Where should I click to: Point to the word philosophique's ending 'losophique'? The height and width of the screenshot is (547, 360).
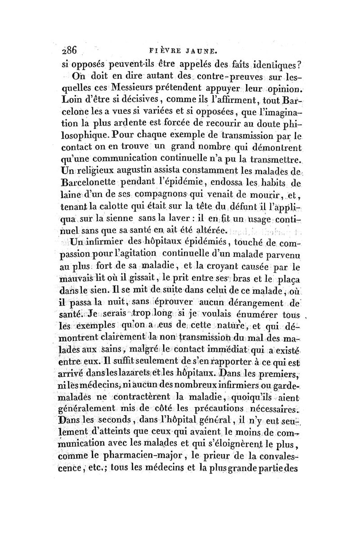point(88,145)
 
